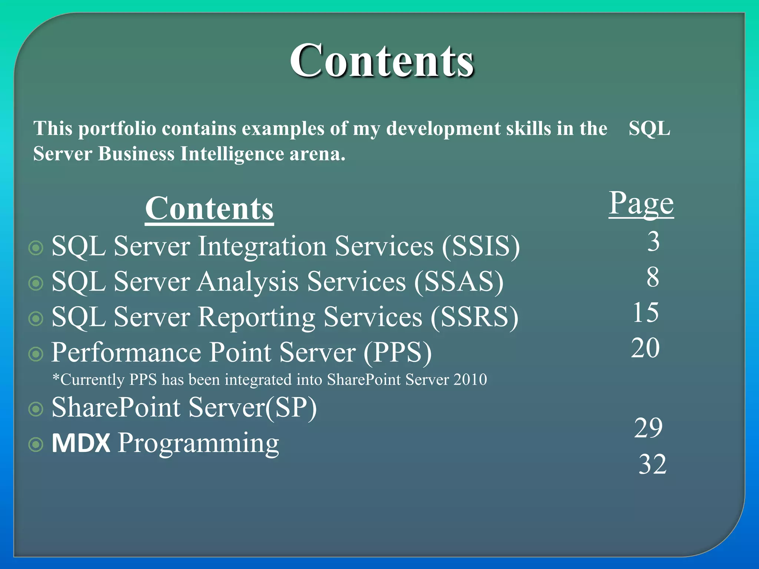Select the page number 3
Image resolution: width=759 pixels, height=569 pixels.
pyautogui.click(x=653, y=242)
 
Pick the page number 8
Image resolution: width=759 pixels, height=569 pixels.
pyautogui.click(x=653, y=277)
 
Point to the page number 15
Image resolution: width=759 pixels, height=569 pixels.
pyautogui.click(x=646, y=312)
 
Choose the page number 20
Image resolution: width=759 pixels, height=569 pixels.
pyautogui.click(x=645, y=348)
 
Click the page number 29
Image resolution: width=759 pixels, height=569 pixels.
pyautogui.click(x=648, y=428)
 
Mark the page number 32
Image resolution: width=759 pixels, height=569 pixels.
pyautogui.click(x=653, y=464)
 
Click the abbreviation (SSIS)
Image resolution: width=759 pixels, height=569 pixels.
pyautogui.click(x=481, y=246)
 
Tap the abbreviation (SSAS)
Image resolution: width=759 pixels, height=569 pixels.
pyautogui.click(x=459, y=282)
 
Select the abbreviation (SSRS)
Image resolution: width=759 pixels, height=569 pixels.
pyautogui.click(x=474, y=317)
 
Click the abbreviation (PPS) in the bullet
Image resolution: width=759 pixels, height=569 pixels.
pyautogui.click(x=398, y=352)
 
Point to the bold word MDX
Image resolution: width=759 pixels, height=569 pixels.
pyautogui.click(x=81, y=443)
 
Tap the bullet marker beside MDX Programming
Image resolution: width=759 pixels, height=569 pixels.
pyautogui.click(x=36, y=445)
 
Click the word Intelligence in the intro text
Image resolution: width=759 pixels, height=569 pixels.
pyautogui.click(x=232, y=154)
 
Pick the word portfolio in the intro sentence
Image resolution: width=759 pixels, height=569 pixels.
pyautogui.click(x=117, y=129)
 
